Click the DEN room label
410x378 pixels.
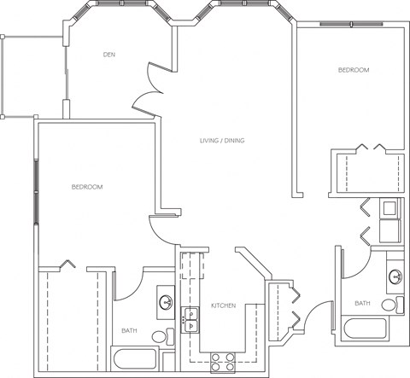point(108,55)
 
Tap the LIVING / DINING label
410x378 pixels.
point(222,141)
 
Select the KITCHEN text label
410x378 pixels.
point(224,305)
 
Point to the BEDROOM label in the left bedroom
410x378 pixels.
point(87,187)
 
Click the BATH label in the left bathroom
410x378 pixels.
point(129,331)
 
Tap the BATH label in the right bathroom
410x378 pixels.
point(363,303)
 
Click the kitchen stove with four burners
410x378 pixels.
point(224,359)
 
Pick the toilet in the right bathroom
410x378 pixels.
point(391,305)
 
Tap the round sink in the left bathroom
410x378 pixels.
point(166,303)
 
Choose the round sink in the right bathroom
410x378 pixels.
point(395,276)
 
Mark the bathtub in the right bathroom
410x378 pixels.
point(369,329)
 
